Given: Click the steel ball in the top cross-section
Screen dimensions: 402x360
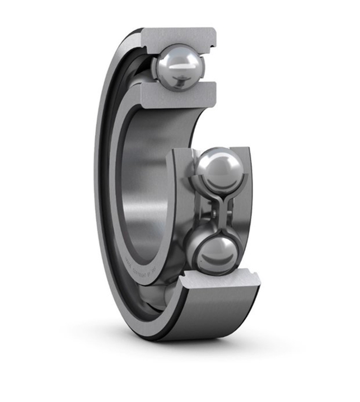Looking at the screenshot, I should click(177, 67).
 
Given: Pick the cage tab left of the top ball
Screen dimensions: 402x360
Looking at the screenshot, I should click(155, 67).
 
